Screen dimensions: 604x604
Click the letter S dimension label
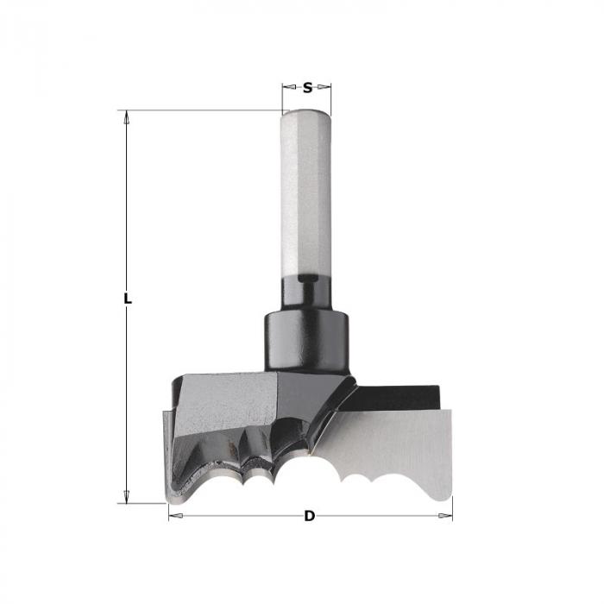307,88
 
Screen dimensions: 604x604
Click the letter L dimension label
128,299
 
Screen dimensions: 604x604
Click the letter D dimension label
309,516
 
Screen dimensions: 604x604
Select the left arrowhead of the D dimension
175,516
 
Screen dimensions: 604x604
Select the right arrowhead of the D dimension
446,516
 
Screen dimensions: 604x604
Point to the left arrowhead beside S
289,87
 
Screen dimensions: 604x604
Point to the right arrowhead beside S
324,87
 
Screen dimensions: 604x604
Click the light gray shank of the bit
306,192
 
